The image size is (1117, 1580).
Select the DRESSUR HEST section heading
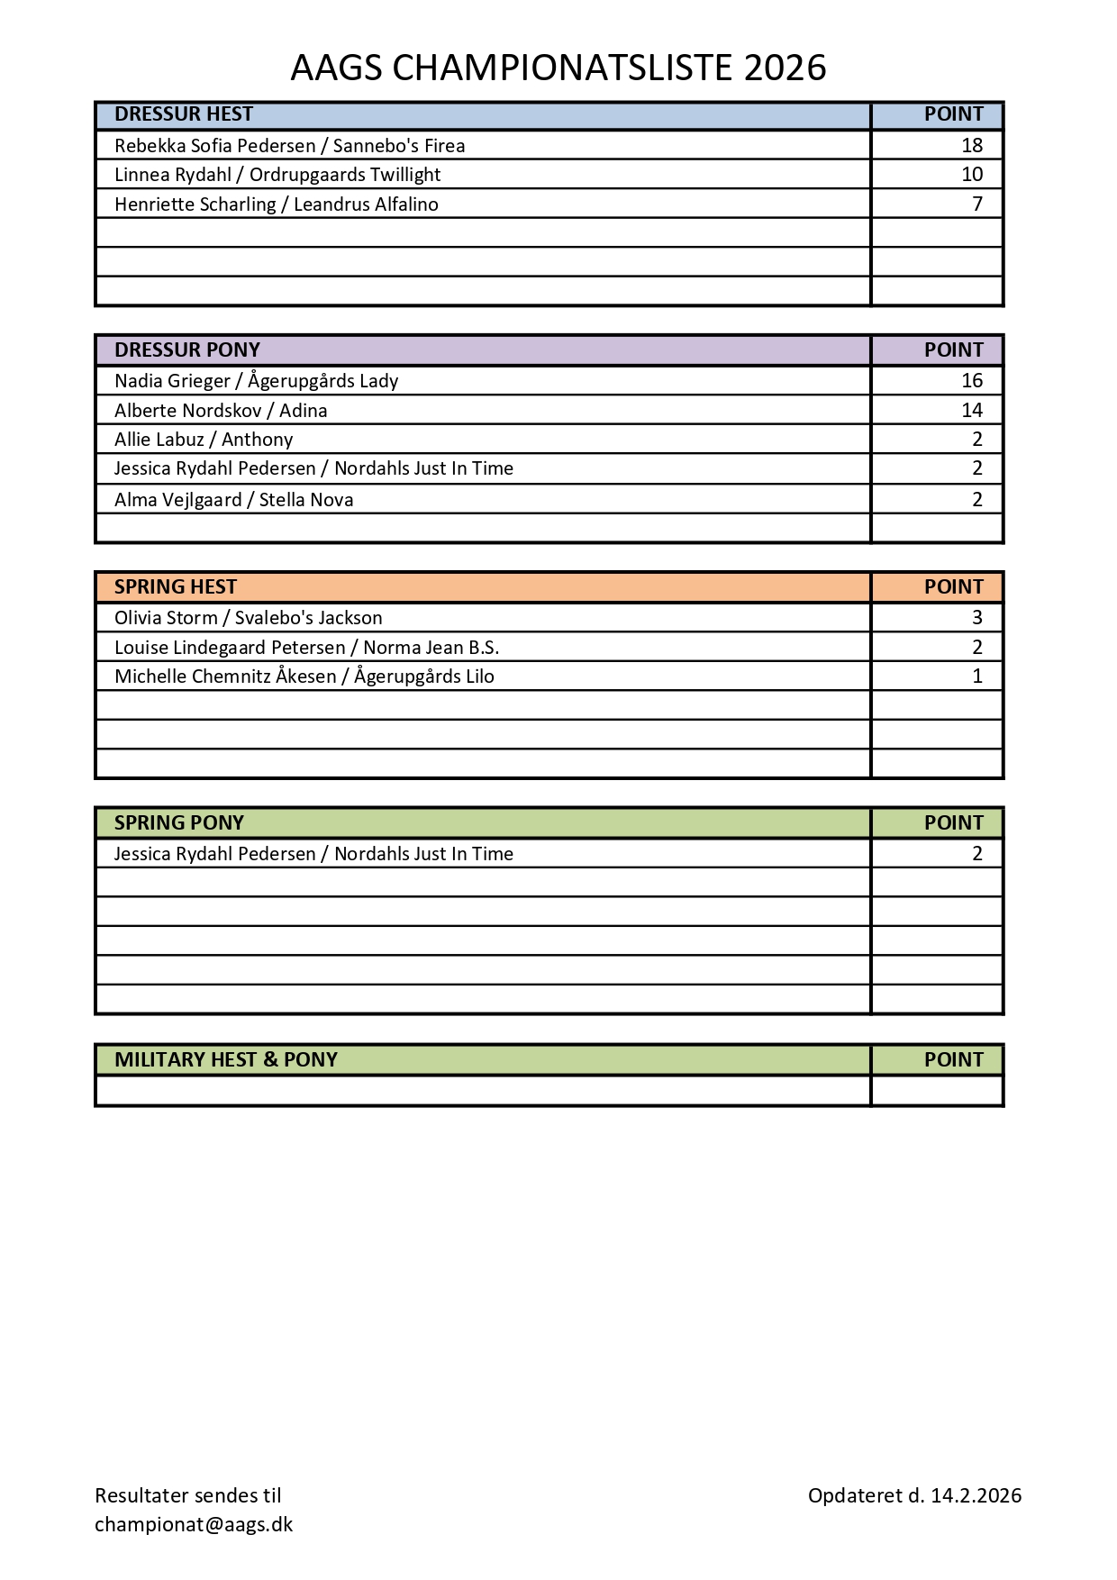tap(184, 114)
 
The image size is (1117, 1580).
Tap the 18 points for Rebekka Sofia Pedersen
tap(972, 145)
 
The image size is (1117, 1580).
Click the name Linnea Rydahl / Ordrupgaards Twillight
tap(277, 175)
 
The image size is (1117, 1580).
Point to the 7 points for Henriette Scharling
tap(977, 204)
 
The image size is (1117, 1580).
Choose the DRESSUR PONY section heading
tap(187, 350)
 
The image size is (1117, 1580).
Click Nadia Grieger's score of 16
tap(972, 380)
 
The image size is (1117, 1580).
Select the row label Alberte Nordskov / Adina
tap(221, 411)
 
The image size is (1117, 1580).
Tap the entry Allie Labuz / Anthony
tap(204, 440)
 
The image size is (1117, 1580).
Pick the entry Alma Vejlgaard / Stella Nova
tap(233, 500)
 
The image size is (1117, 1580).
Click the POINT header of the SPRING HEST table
tap(953, 587)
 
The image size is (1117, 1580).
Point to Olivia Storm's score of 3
tap(977, 618)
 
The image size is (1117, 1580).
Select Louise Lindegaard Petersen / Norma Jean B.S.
tap(306, 648)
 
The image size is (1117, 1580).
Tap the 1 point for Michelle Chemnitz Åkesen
tap(977, 676)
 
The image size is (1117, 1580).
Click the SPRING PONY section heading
tap(179, 822)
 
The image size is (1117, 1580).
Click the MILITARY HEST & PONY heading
tap(226, 1059)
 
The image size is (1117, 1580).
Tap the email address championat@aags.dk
tap(194, 1524)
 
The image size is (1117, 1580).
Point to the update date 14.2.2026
tap(976, 1495)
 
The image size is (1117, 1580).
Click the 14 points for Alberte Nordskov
tap(972, 411)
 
